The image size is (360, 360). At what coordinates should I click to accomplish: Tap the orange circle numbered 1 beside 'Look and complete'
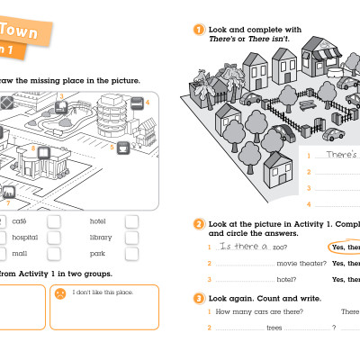(199, 30)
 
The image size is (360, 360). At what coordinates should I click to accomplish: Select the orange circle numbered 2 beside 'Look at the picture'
(199, 223)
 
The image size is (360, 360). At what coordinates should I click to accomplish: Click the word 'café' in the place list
(19, 220)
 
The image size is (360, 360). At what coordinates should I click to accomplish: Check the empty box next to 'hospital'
(54, 238)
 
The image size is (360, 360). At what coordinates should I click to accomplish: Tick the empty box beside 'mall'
(54, 255)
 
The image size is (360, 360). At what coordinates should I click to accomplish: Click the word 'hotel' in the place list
(98, 220)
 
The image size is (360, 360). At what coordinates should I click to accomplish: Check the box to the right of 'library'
(132, 238)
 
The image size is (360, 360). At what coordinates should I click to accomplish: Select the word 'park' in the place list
(97, 255)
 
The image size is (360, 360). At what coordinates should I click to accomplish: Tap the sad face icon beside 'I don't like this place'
(59, 293)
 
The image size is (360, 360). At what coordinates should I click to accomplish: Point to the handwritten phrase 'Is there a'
(245, 247)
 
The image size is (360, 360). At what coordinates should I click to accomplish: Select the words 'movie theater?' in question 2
(298, 263)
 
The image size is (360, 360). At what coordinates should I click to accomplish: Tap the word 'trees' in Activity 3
(274, 328)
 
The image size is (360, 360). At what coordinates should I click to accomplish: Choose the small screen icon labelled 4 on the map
(137, 103)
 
